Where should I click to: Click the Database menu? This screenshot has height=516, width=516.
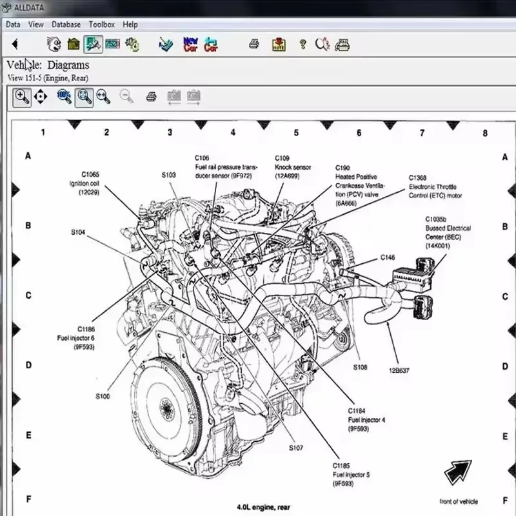66,25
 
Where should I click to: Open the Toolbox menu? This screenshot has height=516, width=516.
101,25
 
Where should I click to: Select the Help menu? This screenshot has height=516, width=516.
130,25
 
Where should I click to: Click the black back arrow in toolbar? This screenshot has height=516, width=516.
15,45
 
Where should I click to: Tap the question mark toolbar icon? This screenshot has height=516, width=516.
302,45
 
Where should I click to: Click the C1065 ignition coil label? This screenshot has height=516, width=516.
90,183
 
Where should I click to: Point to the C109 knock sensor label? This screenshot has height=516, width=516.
292,166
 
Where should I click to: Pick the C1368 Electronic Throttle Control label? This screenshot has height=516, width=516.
435,186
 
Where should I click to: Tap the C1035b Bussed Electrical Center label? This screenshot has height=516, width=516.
448,237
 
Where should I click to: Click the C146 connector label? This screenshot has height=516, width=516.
387,257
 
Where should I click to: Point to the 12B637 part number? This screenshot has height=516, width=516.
399,370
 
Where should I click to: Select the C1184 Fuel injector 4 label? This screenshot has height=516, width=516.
366,419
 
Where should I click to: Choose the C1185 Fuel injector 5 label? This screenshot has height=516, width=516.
352,474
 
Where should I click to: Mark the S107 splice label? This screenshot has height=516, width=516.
296,448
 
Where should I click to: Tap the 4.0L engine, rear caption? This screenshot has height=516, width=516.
263,508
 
